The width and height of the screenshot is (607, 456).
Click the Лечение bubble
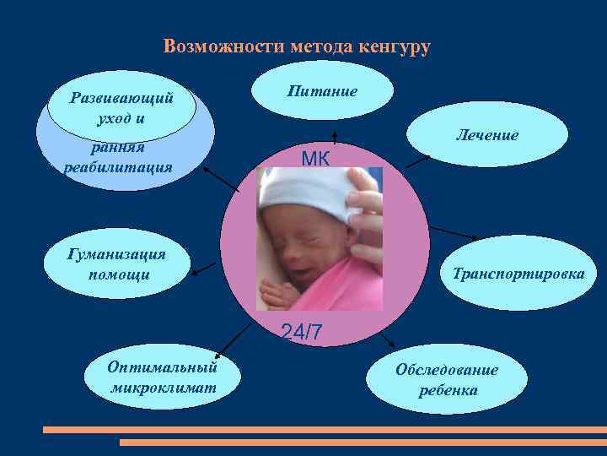487,135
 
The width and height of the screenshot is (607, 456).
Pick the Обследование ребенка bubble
447,380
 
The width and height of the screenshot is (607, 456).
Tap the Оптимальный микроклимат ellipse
163,377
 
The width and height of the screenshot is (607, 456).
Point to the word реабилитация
118,167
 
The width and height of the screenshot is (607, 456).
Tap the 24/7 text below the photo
301,332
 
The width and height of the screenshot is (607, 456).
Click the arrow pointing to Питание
335,138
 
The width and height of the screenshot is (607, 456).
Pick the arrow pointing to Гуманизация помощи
204,269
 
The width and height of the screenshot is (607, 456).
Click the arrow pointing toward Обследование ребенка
389,341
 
